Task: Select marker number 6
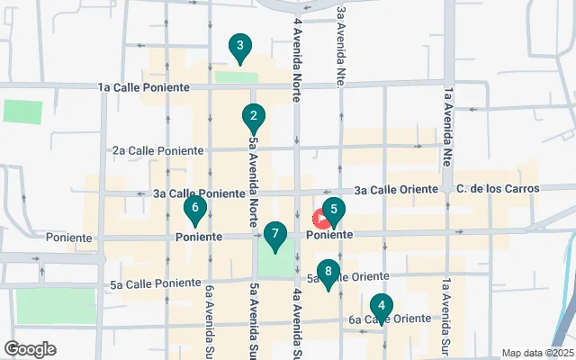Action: point(194,209)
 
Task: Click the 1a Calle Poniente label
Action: point(144,87)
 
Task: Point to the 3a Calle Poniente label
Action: point(199,193)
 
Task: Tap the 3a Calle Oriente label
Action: point(396,190)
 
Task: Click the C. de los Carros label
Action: point(498,189)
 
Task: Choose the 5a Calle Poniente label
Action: point(150,284)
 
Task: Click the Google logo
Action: point(30,349)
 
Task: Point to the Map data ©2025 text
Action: point(537,353)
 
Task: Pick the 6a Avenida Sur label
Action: point(210,319)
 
